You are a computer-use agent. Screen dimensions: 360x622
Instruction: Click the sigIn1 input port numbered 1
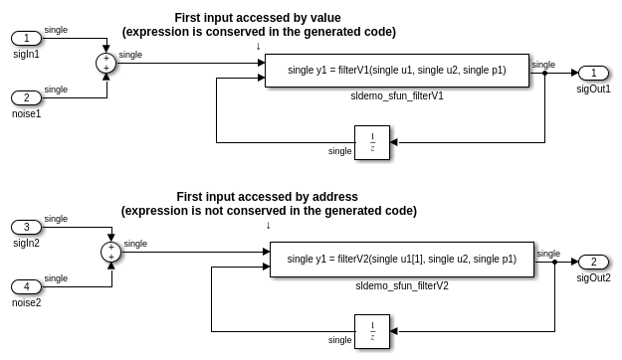(x=27, y=38)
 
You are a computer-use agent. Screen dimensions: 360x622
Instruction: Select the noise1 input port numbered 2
(x=27, y=97)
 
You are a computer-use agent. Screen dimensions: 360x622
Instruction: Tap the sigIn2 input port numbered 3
(x=27, y=227)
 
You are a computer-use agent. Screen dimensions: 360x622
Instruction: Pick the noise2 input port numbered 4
(x=27, y=286)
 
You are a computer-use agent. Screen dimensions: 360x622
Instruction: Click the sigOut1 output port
(x=593, y=73)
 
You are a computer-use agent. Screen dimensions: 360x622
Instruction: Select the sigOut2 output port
(x=593, y=262)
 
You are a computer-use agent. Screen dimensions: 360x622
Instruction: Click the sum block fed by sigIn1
(x=105, y=63)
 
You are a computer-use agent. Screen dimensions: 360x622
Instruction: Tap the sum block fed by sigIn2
(x=110, y=252)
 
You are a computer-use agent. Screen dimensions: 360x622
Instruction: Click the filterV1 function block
(x=396, y=70)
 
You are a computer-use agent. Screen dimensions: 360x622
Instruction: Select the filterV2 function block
(x=401, y=259)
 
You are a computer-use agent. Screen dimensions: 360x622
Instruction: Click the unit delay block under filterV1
(x=372, y=142)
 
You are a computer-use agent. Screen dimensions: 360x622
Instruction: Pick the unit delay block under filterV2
(x=372, y=331)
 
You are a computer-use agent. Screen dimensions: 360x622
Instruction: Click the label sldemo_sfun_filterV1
(x=397, y=96)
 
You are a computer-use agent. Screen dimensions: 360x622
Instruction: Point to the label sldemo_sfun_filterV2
(x=402, y=285)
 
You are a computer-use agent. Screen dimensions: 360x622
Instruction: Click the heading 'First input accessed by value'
(x=258, y=18)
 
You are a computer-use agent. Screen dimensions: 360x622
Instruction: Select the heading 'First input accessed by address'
(x=267, y=197)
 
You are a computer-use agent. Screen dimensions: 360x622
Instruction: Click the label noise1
(x=27, y=113)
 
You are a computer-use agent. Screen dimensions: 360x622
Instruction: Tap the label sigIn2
(x=27, y=243)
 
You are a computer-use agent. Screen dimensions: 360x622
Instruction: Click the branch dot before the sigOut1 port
(x=544, y=73)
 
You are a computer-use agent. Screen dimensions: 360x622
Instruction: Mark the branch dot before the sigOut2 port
(x=553, y=262)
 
